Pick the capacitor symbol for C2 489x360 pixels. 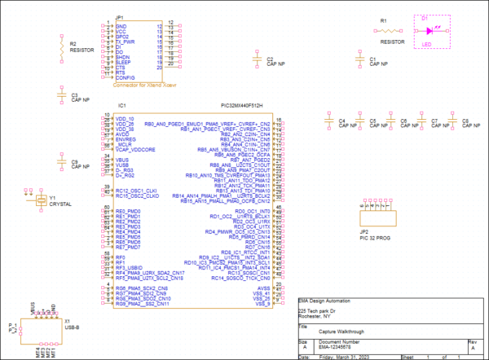[258, 60]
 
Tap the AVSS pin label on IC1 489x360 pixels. [263, 288]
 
